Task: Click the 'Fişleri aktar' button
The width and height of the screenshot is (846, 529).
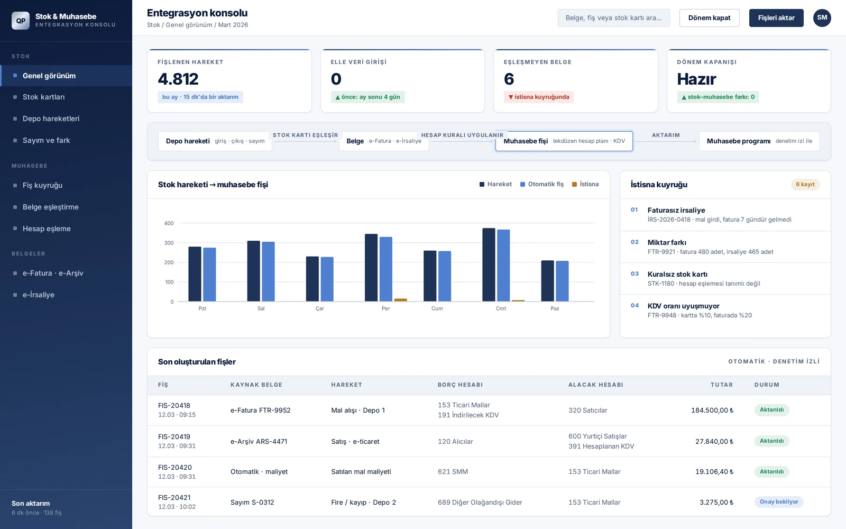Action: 776,18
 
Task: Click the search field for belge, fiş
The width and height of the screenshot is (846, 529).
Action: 613,18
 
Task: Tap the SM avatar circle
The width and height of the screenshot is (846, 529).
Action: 822,18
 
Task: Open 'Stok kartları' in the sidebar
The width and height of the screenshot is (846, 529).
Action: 43,97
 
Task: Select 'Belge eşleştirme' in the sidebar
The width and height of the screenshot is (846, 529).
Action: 51,207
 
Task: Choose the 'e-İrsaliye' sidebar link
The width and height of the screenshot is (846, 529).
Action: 39,295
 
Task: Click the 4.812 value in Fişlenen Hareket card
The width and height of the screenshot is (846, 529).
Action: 178,79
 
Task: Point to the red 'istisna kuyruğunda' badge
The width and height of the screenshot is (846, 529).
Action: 539,97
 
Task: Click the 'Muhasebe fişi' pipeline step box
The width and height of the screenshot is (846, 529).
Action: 564,141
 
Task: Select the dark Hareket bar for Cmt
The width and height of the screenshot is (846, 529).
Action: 489,264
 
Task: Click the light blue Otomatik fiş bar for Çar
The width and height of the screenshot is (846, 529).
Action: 327,279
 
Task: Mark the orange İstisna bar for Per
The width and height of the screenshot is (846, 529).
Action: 401,300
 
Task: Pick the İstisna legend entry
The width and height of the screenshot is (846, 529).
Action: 585,185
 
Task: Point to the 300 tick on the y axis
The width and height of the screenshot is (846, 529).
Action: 169,243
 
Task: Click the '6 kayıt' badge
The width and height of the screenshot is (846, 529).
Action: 805,185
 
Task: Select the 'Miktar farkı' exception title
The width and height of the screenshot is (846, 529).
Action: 667,243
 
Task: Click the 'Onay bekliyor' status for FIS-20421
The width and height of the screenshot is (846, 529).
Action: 779,502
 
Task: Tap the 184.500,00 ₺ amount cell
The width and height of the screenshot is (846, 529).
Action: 712,411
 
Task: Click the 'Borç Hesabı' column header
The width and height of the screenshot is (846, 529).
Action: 460,385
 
